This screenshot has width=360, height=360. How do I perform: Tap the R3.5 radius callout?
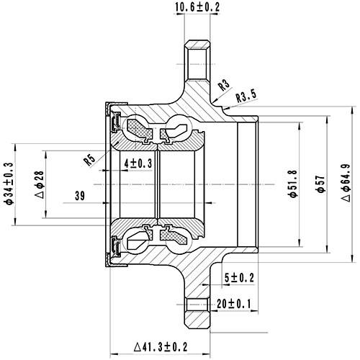(246, 95)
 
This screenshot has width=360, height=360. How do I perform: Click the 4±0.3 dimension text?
(138, 164)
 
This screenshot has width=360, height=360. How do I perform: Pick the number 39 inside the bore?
(80, 195)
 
